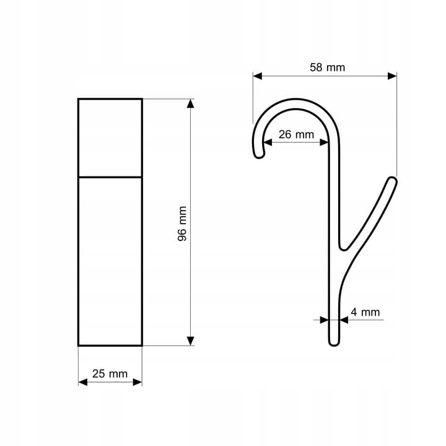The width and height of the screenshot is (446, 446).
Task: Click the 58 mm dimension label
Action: (x=328, y=68)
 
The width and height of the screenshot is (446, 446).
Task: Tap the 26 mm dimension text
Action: (x=296, y=134)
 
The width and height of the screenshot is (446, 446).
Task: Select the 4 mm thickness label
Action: (x=365, y=312)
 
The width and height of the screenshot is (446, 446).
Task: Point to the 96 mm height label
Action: (x=182, y=224)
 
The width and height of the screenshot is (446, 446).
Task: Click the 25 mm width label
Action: (x=110, y=374)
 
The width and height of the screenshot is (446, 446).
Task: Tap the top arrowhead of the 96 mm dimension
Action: (x=191, y=103)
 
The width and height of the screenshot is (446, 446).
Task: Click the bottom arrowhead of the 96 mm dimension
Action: (x=191, y=341)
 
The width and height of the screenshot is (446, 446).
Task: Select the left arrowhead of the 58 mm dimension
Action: (x=258, y=76)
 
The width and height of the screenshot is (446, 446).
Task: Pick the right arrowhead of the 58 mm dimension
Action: (x=392, y=76)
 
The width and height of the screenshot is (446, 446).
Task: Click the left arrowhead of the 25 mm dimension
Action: (x=83, y=382)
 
